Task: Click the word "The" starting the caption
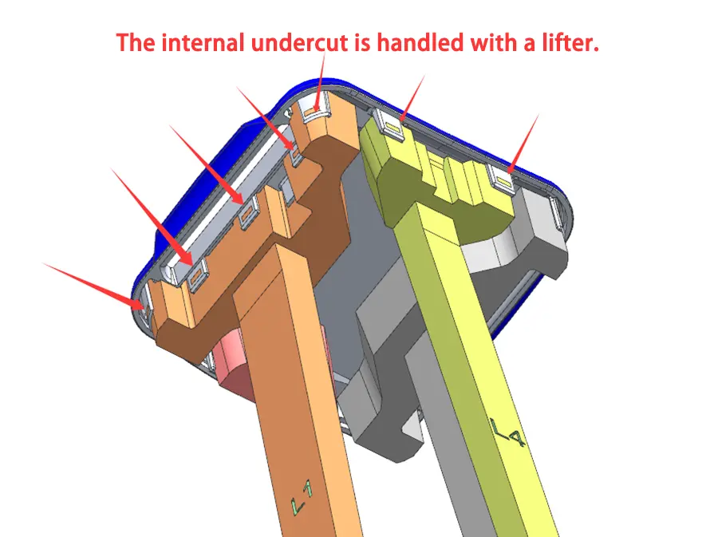(x=135, y=42)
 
